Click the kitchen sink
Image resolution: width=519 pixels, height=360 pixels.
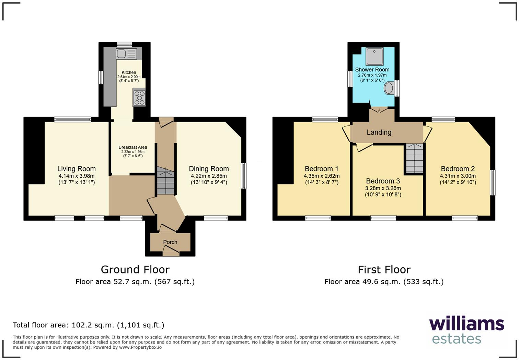(126, 54)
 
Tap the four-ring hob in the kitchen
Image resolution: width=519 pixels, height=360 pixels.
(139, 97)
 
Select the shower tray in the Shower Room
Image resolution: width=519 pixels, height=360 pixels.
(374, 57)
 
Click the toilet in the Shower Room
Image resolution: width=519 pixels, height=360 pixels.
(389, 88)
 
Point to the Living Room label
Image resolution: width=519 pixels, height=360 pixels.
(76, 169)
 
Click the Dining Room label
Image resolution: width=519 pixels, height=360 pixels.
(209, 169)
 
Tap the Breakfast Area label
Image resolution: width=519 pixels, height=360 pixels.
(133, 147)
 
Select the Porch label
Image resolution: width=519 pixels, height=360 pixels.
(170, 242)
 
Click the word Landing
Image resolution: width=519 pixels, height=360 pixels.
(379, 132)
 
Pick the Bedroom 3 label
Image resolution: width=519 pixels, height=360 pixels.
(383, 181)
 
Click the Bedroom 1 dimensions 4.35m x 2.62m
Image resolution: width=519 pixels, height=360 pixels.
(322, 176)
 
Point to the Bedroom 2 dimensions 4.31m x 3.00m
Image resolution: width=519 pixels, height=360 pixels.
(458, 176)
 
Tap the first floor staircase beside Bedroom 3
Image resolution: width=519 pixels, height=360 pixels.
(415, 158)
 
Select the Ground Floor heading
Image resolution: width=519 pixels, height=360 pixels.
(135, 269)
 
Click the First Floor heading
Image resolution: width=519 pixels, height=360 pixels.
(384, 269)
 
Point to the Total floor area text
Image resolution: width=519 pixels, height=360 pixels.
(89, 325)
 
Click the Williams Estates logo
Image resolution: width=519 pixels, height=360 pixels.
(466, 330)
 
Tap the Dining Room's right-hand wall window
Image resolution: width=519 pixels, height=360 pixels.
(244, 176)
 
